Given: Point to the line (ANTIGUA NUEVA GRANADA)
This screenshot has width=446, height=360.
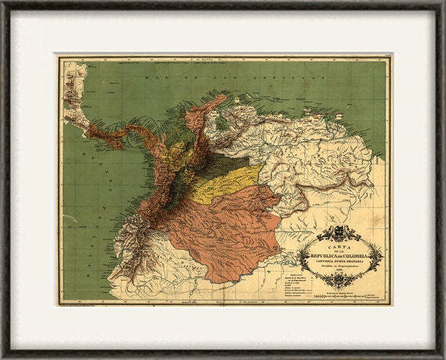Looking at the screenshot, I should click(x=341, y=261).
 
